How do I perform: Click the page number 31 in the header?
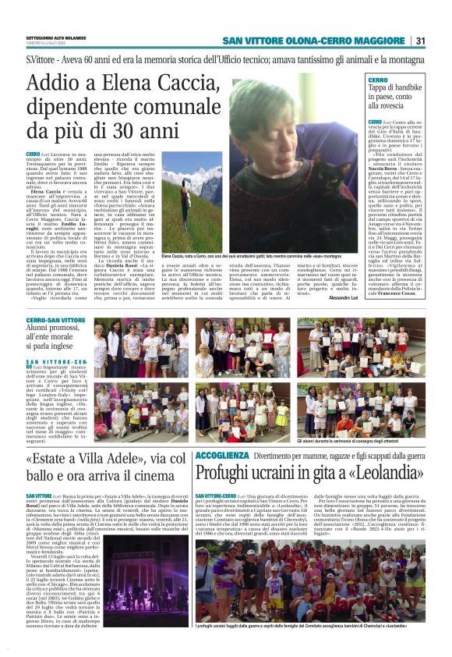point(420,41)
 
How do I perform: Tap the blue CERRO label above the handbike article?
point(378,80)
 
